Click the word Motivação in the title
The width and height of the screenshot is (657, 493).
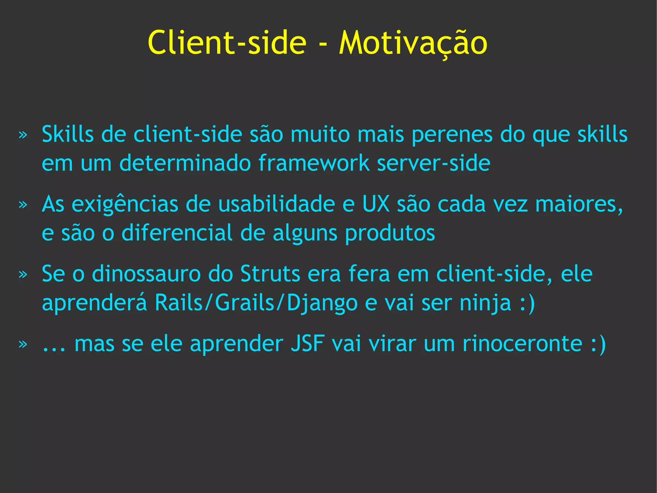[413, 43]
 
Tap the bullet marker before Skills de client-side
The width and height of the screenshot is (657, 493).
[23, 135]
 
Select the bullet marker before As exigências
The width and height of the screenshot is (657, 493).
[23, 205]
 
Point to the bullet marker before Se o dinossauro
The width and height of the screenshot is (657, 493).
[23, 274]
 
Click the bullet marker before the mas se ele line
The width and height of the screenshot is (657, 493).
[23, 344]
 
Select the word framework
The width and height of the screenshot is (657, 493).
[314, 163]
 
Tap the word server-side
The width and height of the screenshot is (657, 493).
[433, 163]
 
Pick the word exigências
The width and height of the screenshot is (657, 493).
[125, 205]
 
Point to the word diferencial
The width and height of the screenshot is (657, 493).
[177, 233]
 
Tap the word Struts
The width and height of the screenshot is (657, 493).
[270, 274]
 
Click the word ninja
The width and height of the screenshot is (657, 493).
[485, 303]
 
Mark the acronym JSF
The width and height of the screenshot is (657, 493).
[308, 344]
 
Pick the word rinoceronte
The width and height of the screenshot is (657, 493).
[522, 344]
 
